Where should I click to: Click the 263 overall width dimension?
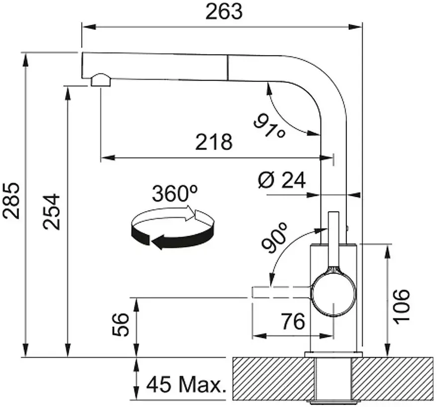click(x=224, y=12)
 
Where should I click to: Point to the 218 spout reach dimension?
click(x=214, y=141)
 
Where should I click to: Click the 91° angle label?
click(x=269, y=126)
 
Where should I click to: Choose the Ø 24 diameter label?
click(x=282, y=180)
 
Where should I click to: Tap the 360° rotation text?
click(x=175, y=193)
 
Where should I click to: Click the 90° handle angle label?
click(x=274, y=238)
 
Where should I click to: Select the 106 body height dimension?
click(x=401, y=306)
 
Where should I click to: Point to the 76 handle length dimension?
click(x=293, y=321)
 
